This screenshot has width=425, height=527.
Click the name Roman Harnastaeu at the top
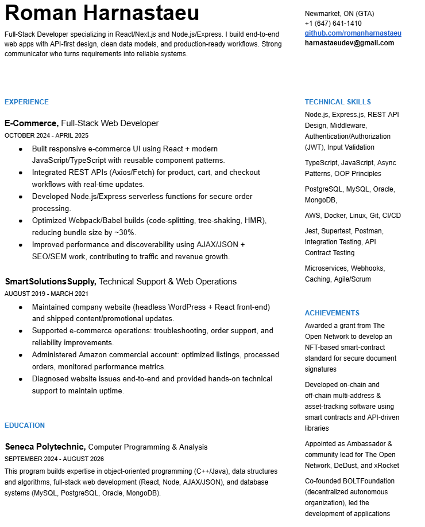pyautogui.click(x=102, y=13)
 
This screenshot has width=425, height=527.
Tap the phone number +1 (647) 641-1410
pyautogui.click(x=333, y=24)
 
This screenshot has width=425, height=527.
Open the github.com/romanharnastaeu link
pyautogui.click(x=353, y=33)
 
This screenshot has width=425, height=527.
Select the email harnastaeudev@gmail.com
pyautogui.click(x=349, y=43)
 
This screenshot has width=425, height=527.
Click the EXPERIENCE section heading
pyautogui.click(x=26, y=102)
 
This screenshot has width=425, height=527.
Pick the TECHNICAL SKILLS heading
pyautogui.click(x=338, y=102)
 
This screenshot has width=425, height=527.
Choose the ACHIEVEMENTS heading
pyautogui.click(x=332, y=313)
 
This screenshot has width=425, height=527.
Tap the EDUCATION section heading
pyautogui.click(x=25, y=425)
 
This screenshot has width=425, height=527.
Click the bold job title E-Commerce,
pyautogui.click(x=32, y=123)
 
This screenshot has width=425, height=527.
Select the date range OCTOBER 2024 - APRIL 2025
pyautogui.click(x=47, y=136)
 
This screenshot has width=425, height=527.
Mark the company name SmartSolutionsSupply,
pyautogui.click(x=51, y=282)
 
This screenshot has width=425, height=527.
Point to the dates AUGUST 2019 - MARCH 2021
pyautogui.click(x=47, y=294)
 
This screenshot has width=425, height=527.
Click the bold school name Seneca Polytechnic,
pyautogui.click(x=45, y=447)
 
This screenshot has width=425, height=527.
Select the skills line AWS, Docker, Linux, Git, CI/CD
pyautogui.click(x=353, y=216)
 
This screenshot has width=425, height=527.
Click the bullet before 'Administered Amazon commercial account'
pyautogui.click(x=21, y=355)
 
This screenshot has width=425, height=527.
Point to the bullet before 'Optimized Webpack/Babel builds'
pyautogui.click(x=21, y=221)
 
